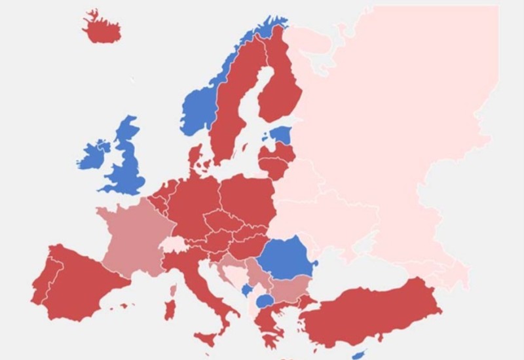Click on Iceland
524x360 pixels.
[102, 28]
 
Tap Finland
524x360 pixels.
[280, 92]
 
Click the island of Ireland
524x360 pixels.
[94, 154]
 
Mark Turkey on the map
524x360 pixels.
[373, 314]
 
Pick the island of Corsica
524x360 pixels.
[173, 289]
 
